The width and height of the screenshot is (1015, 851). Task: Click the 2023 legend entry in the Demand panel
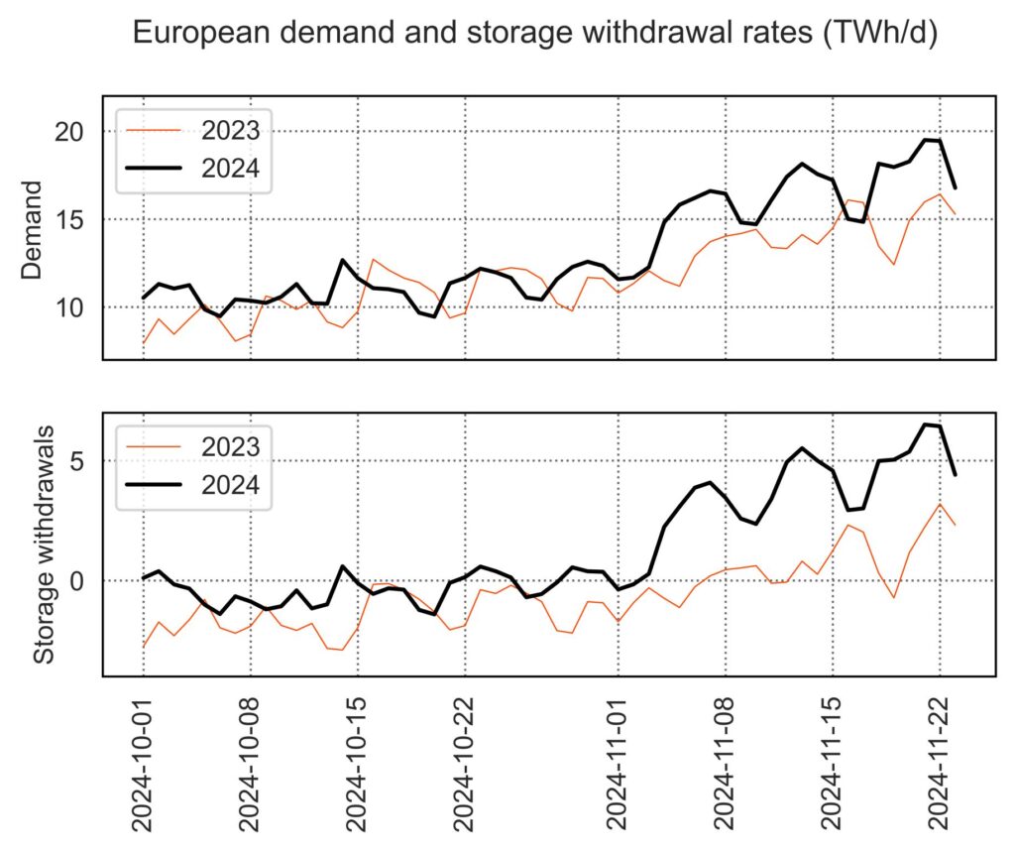coord(230,129)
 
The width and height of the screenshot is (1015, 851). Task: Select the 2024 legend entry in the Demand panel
coord(230,169)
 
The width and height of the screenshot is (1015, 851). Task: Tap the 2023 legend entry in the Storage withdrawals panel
coord(230,445)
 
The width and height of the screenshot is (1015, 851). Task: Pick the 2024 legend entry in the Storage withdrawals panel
coord(230,485)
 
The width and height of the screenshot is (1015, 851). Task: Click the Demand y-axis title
coord(32,230)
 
